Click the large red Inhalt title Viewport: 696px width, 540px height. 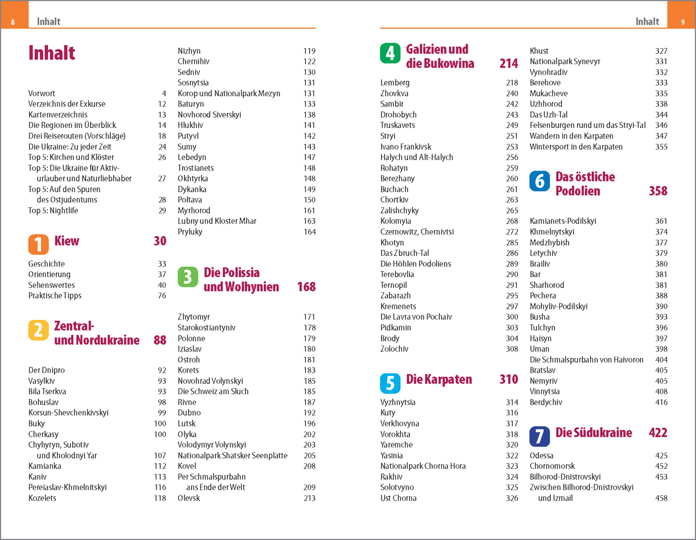pyautogui.click(x=52, y=53)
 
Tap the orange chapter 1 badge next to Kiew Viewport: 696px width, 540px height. pyautogui.click(x=38, y=244)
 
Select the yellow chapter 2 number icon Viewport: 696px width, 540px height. pyautogui.click(x=38, y=329)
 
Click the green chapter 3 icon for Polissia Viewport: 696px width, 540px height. pyautogui.click(x=188, y=276)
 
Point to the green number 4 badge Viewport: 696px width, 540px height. pyautogui.click(x=390, y=53)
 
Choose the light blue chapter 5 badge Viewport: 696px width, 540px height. pyautogui.click(x=390, y=383)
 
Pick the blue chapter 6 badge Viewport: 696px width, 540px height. pyautogui.click(x=540, y=181)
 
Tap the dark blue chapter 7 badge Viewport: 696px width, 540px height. pyautogui.click(x=540, y=436)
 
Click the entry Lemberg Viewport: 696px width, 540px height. pyautogui.click(x=395, y=83)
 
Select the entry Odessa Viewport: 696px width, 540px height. pyautogui.click(x=542, y=455)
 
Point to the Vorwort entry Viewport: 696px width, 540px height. pyautogui.click(x=42, y=93)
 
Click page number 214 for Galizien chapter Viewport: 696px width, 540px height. pyautogui.click(x=508, y=64)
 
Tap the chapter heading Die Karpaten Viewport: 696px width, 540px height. pyautogui.click(x=439, y=380)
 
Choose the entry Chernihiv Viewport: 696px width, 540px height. pyautogui.click(x=193, y=62)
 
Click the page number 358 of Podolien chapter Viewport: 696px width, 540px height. pyautogui.click(x=658, y=191)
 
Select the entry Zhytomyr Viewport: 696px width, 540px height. pyautogui.click(x=194, y=317)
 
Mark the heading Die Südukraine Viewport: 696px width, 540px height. pyautogui.click(x=593, y=433)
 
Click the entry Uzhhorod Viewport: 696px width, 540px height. pyautogui.click(x=546, y=104)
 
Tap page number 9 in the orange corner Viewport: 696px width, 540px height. pyautogui.click(x=683, y=22)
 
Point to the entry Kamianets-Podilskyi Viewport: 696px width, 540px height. pyautogui.click(x=563, y=221)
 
